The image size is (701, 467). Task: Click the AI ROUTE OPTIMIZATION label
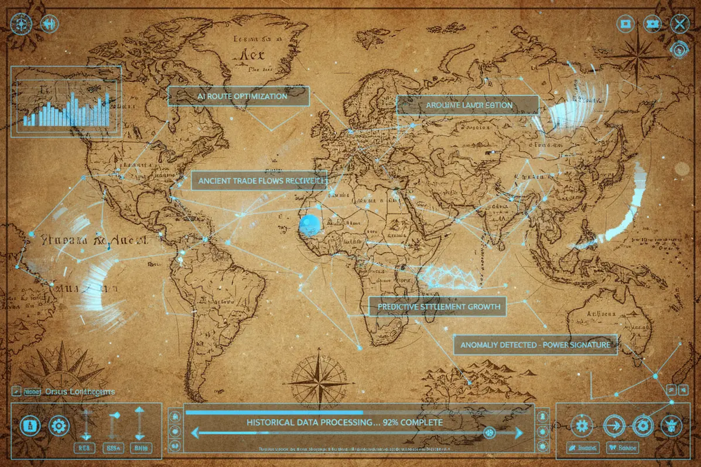(x=238, y=96)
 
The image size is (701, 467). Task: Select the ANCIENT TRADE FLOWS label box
(x=259, y=181)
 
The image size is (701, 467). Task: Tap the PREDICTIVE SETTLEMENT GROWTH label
(x=437, y=307)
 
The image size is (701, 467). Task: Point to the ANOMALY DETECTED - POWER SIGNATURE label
(x=535, y=345)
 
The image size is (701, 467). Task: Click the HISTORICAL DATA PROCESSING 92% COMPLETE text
(x=344, y=422)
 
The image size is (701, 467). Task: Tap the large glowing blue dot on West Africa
(x=309, y=224)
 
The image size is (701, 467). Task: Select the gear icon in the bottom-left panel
(x=59, y=425)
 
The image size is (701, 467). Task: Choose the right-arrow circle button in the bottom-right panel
(x=614, y=425)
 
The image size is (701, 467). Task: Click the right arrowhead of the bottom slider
(x=519, y=433)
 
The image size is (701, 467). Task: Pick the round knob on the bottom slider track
(x=489, y=432)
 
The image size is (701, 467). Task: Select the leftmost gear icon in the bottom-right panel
(x=582, y=425)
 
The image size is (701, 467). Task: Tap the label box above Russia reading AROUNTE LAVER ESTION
(x=467, y=105)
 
